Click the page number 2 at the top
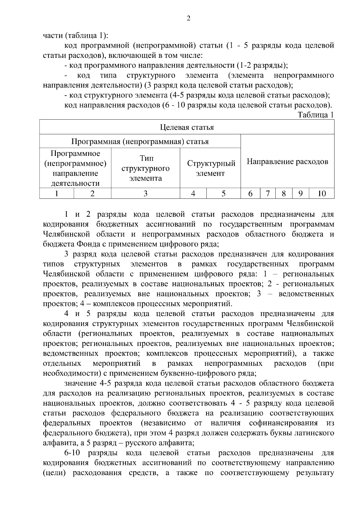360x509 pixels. [188, 19]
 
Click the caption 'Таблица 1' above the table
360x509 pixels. [315, 115]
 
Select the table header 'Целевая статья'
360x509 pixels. [187, 127]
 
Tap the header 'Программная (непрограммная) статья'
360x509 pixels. [140, 141]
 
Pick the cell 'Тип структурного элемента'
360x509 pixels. [145, 168]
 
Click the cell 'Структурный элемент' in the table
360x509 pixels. [211, 168]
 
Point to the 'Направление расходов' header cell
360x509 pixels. [287, 162]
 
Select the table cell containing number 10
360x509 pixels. [321, 194]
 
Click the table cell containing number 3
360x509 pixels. [145, 194]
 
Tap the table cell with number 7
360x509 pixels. [268, 194]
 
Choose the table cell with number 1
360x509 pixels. [57, 194]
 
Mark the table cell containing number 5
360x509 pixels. [223, 194]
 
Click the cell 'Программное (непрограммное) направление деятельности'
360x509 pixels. [75, 168]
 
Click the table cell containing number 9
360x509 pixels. [301, 194]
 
